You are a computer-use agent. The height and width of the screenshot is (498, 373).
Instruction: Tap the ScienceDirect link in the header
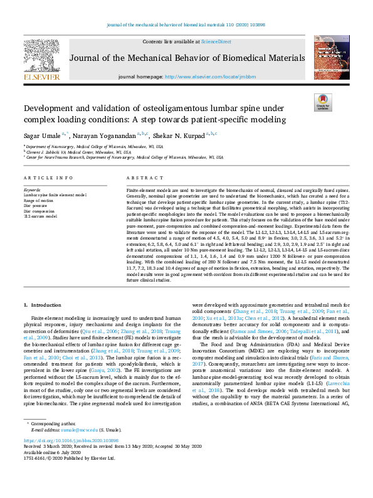pos(216,41)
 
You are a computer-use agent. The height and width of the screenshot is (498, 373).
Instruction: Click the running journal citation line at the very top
pos(186,25)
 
